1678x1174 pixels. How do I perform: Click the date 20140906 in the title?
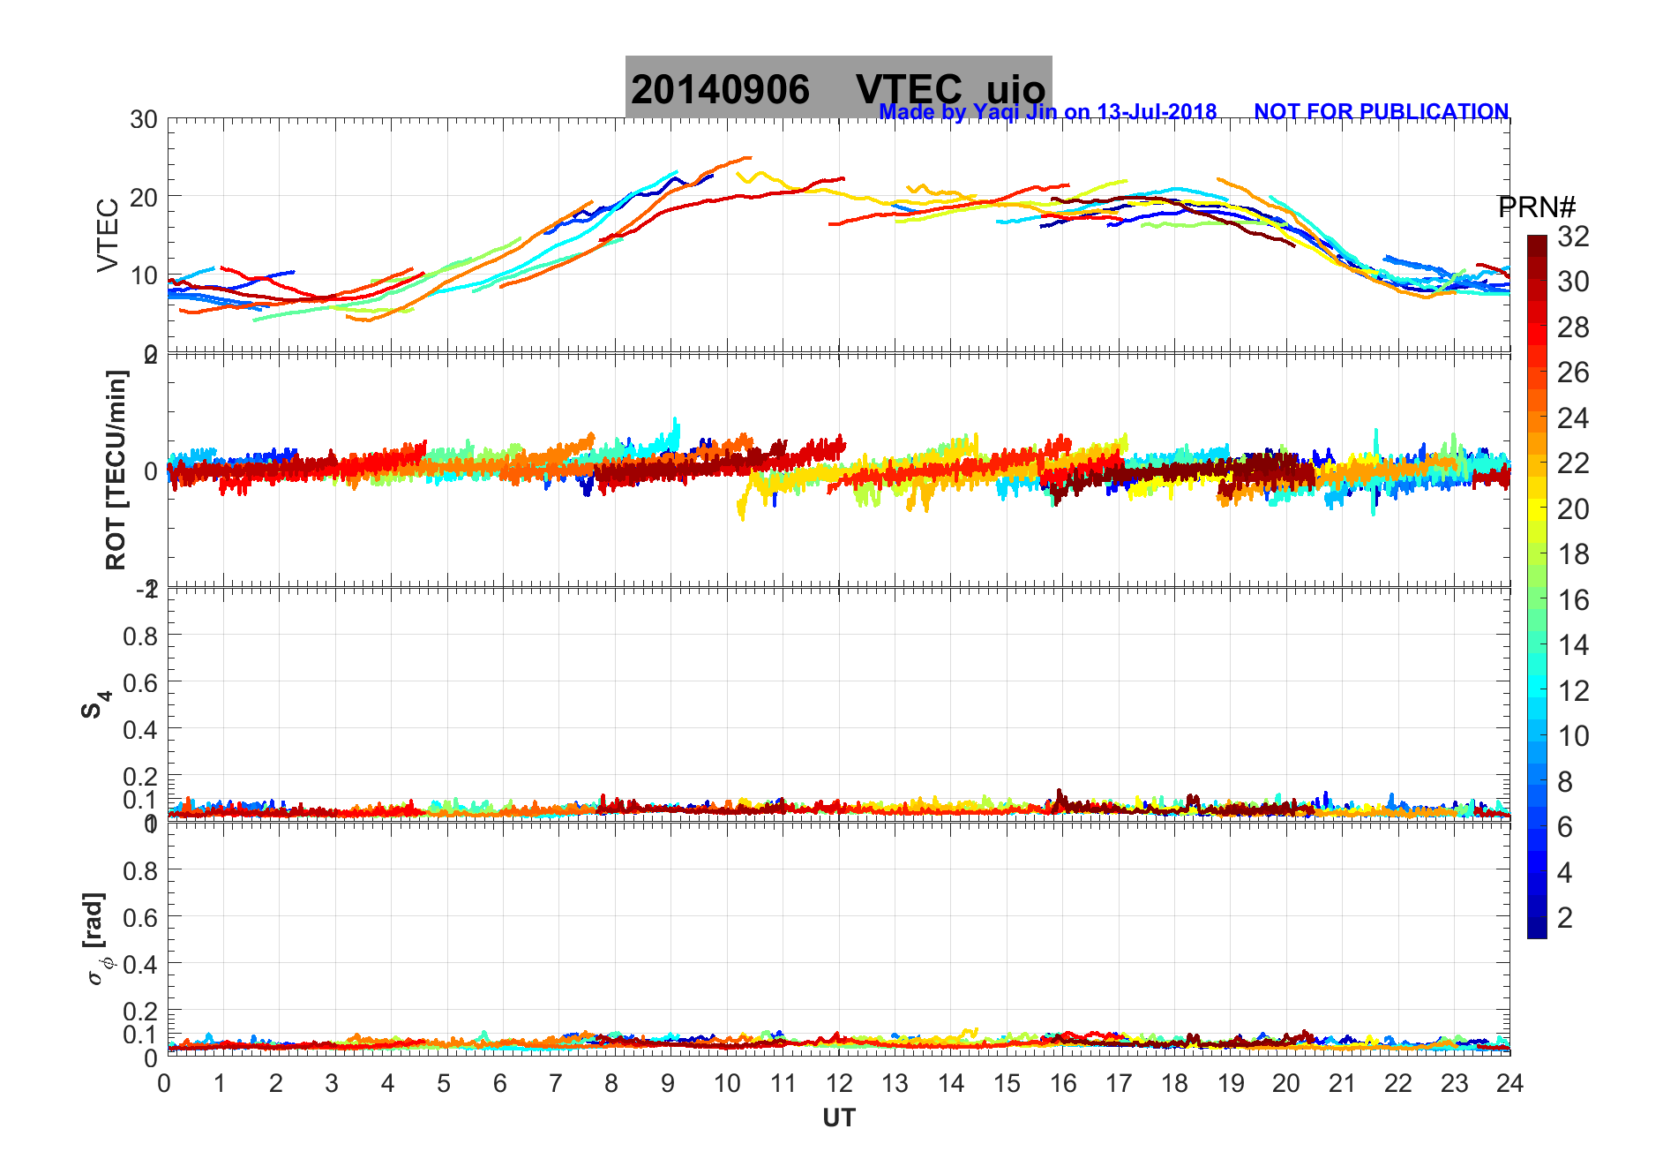(x=720, y=90)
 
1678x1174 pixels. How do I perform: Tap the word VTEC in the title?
(x=909, y=90)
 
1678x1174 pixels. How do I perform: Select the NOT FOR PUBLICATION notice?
(x=1381, y=112)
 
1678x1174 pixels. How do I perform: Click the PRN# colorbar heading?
(x=1537, y=207)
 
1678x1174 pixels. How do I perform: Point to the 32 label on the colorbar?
(x=1573, y=237)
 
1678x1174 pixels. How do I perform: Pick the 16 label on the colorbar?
(x=1573, y=600)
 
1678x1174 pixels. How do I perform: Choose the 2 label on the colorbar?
(x=1565, y=918)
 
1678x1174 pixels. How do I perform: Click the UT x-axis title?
(x=839, y=1118)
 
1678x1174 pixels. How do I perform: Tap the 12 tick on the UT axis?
(x=839, y=1083)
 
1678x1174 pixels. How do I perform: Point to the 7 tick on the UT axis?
(x=556, y=1083)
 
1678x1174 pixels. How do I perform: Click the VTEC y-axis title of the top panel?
(x=108, y=236)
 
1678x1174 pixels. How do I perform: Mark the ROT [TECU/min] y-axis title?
(x=116, y=470)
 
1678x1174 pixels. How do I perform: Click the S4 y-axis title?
(x=95, y=705)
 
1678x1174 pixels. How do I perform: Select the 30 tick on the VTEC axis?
(x=144, y=120)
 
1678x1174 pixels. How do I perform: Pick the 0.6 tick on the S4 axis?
(x=141, y=682)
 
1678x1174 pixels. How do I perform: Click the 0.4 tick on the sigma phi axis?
(x=141, y=964)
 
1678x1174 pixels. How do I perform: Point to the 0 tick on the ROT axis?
(x=151, y=471)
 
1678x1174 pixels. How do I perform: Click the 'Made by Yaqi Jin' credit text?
(x=1047, y=112)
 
